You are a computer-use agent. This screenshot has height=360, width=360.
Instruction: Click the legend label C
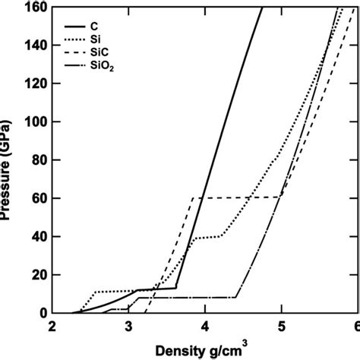point(93,25)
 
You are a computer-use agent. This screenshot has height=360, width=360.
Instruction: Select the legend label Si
point(94,39)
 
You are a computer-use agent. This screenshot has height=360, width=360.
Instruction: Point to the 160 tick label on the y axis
point(34,8)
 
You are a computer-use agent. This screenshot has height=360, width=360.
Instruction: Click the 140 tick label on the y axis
point(34,46)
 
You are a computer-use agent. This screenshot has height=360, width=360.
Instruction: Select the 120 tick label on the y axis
point(34,84)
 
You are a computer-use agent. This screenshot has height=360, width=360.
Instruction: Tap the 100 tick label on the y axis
point(34,122)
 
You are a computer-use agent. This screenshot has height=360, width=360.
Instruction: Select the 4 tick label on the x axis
point(205,327)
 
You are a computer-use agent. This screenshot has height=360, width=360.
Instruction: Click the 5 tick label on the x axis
point(281,327)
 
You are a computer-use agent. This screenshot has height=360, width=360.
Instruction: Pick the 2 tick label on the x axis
point(52,327)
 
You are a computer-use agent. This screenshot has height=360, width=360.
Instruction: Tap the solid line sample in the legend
point(69,25)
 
